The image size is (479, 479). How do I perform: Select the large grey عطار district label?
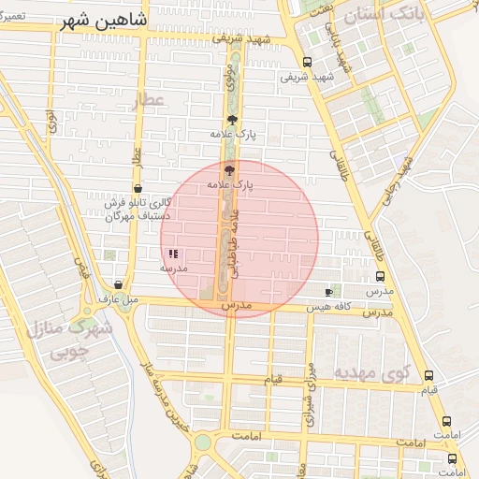point(147,101)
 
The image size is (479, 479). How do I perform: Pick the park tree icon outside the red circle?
point(232,119)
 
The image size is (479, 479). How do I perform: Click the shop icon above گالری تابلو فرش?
point(138,188)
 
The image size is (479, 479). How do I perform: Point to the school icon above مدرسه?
point(173,254)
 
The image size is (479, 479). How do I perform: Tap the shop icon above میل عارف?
point(118,284)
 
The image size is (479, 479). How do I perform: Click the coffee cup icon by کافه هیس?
point(327,292)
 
